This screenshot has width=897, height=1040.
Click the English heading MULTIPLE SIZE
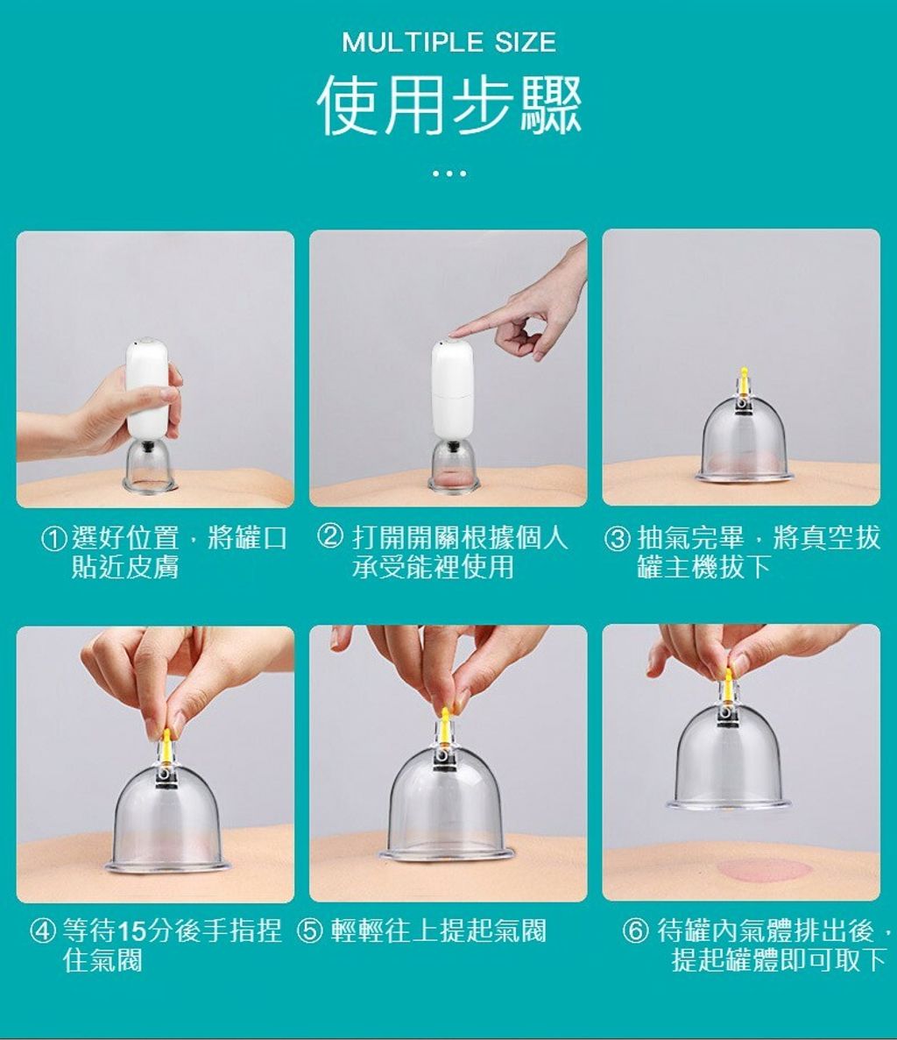pyautogui.click(x=448, y=42)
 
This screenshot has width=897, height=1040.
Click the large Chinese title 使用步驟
pyautogui.click(x=448, y=105)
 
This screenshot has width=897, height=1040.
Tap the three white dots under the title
pyautogui.click(x=448, y=173)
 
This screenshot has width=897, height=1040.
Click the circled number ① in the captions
pyautogui.click(x=54, y=540)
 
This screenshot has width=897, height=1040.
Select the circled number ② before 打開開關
pyautogui.click(x=331, y=538)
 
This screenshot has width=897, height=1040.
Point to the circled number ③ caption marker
pyautogui.click(x=618, y=539)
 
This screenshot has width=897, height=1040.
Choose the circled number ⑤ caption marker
pyautogui.click(x=309, y=931)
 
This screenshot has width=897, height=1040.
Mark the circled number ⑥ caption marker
pyautogui.click(x=634, y=931)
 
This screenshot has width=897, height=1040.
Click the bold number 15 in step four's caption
pyautogui.click(x=131, y=932)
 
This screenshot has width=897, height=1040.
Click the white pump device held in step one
pyautogui.click(x=148, y=387)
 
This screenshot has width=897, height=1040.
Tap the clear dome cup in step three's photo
pyautogui.click(x=743, y=441)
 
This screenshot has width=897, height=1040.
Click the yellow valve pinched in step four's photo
pyautogui.click(x=165, y=744)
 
